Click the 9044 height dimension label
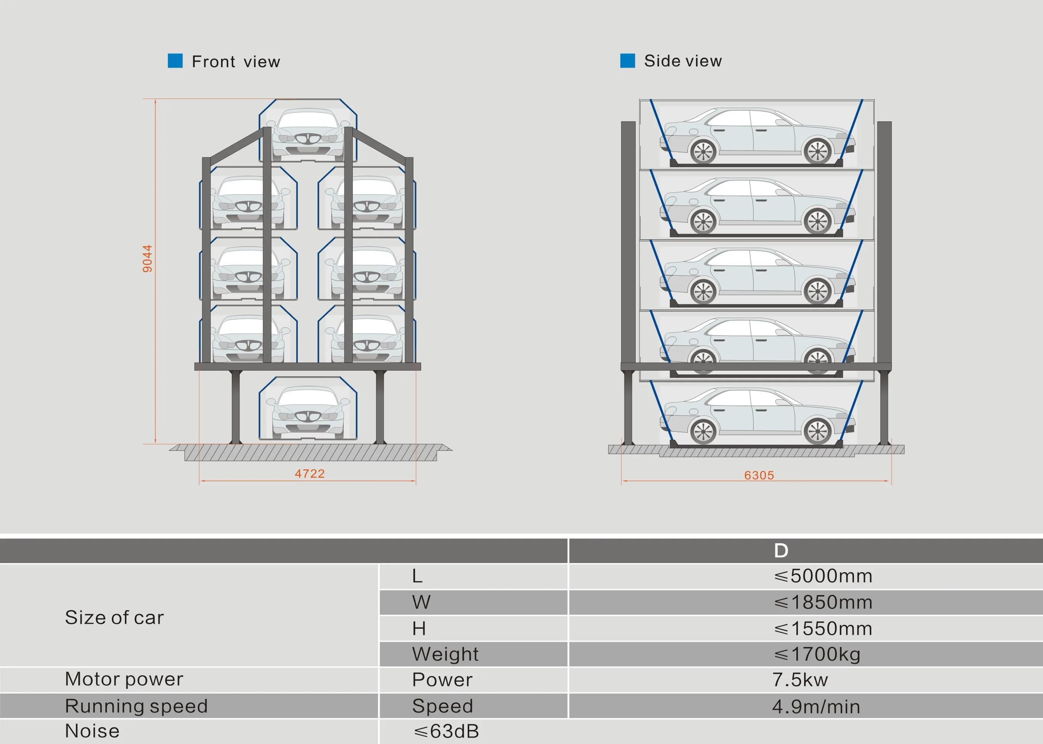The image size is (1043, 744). (147, 259)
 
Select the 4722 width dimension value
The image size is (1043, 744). (310, 474)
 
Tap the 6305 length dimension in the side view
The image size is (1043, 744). (759, 476)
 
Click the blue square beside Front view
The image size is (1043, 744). (175, 61)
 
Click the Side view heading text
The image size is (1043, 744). (683, 61)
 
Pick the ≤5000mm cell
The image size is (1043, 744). (823, 576)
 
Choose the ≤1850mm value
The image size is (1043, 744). (823, 602)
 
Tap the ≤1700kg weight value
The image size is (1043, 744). (817, 654)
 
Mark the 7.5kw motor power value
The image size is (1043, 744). (800, 680)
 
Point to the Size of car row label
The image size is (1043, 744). (114, 618)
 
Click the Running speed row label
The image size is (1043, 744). (136, 706)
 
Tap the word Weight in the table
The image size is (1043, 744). (445, 654)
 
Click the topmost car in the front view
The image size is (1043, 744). (308, 133)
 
